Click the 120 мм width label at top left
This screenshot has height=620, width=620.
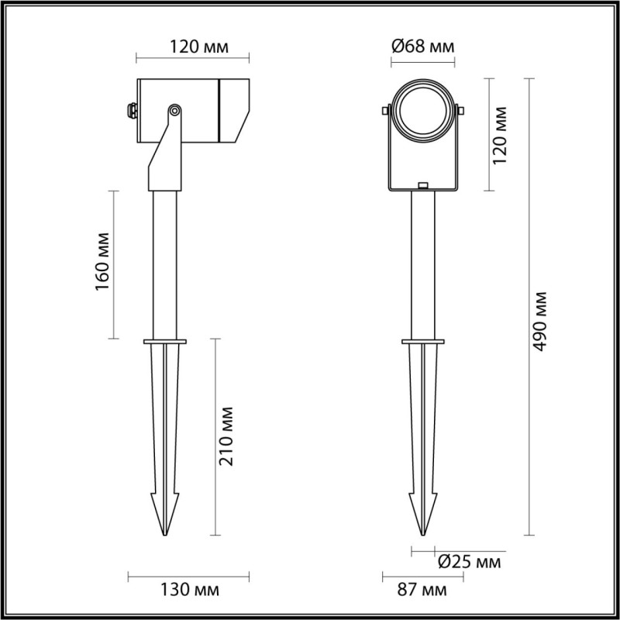[199, 47]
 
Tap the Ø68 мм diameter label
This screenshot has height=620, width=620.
[422, 47]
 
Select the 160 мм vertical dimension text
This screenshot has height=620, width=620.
[102, 264]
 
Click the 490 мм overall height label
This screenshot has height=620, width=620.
[540, 322]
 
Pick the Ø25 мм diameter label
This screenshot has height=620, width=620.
[468, 560]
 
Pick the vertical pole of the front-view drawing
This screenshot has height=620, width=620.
[422, 263]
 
